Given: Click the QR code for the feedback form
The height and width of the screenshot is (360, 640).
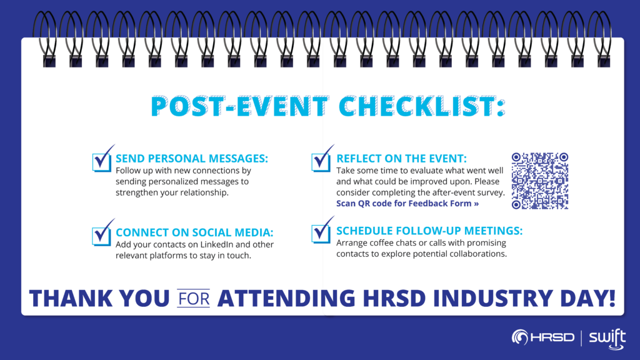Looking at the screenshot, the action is [x=539, y=181].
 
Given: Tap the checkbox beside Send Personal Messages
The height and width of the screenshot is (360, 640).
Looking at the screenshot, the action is [x=102, y=162].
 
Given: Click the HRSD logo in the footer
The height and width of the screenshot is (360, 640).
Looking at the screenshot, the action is [x=543, y=337].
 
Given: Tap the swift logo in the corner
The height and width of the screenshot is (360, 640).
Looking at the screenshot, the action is [x=607, y=339].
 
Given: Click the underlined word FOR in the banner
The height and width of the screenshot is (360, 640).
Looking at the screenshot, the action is [x=194, y=298].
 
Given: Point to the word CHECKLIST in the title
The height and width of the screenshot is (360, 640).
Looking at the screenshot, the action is [x=422, y=106].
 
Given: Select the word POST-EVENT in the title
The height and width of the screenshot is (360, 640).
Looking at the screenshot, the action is [x=240, y=106].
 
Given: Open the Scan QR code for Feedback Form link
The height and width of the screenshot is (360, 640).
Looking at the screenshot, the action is [x=407, y=203].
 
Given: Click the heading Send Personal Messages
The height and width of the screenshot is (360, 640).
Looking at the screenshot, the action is [x=192, y=158].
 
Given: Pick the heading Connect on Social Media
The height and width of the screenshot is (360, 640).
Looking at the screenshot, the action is [x=194, y=232].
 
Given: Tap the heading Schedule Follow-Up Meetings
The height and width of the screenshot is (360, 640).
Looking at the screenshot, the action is [x=429, y=231].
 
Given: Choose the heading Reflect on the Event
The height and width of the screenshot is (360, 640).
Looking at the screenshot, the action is [x=401, y=158].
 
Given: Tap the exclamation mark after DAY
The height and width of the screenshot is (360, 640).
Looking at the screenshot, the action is [x=612, y=298].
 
